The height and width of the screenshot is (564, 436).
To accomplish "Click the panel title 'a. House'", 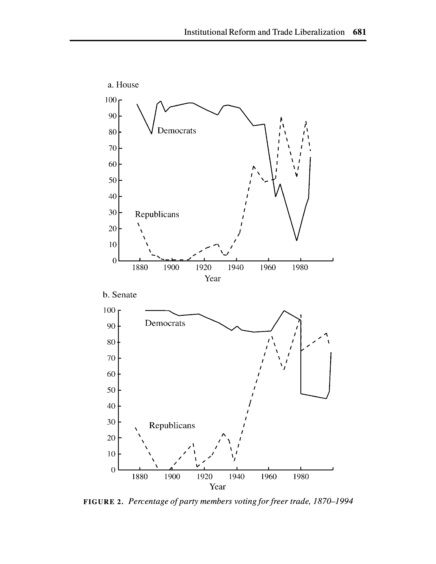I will (x=123, y=85).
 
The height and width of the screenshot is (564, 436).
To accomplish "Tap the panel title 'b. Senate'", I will (x=120, y=295).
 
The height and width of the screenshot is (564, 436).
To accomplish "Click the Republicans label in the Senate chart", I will (x=172, y=425).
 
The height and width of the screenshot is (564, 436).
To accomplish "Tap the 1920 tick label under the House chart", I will (x=204, y=268).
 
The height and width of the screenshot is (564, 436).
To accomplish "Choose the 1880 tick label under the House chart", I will (x=140, y=268).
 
